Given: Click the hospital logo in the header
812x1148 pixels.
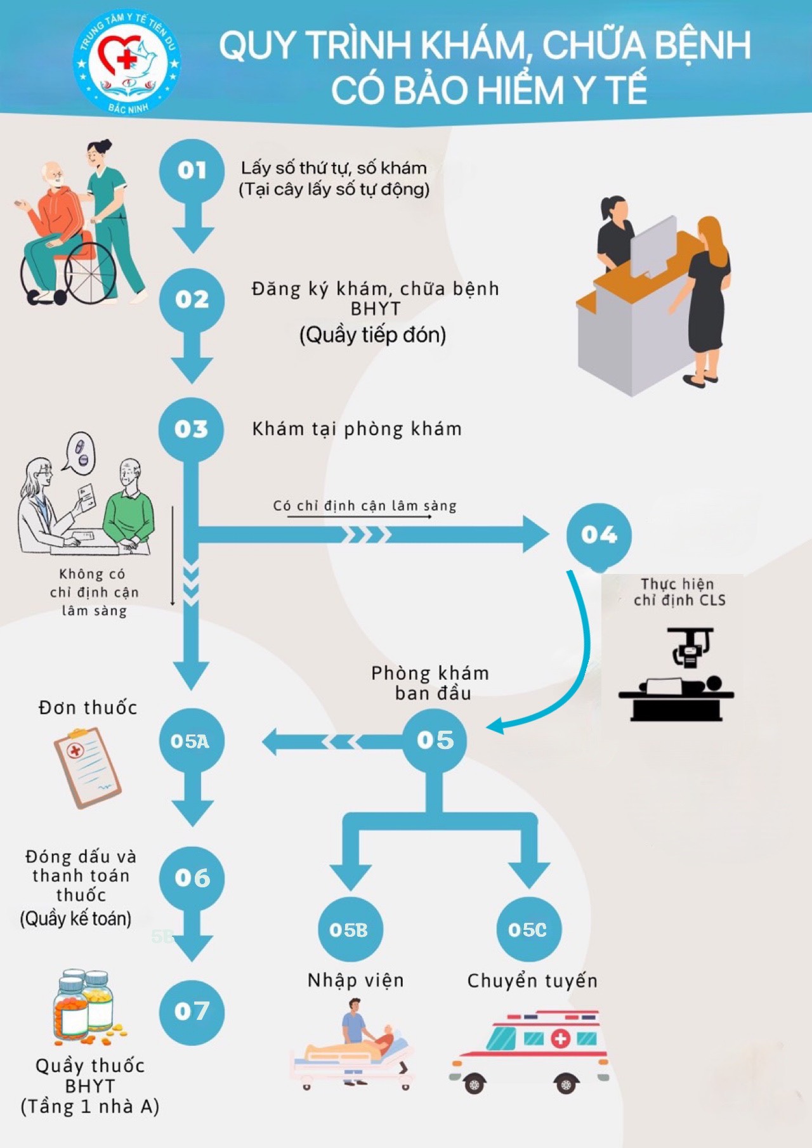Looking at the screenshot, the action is [127, 62].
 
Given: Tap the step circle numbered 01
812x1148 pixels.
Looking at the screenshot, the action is [192, 170].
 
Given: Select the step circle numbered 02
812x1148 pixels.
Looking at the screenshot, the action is [192, 299].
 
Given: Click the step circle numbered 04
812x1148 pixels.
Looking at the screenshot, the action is [599, 535].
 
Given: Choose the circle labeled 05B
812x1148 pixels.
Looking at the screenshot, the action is [348, 929].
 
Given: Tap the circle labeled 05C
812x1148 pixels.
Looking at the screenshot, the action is [528, 929].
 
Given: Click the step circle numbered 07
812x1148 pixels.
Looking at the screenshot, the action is [192, 1011].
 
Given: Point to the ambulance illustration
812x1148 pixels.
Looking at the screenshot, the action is [530, 1052].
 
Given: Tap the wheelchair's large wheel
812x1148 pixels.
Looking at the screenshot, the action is [91, 273].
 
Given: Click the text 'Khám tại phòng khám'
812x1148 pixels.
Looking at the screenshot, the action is [357, 429].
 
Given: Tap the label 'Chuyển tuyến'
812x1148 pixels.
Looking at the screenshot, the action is [532, 981].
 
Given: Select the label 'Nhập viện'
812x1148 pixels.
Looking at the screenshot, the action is [356, 981].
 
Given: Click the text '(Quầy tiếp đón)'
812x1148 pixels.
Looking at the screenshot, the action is [373, 335].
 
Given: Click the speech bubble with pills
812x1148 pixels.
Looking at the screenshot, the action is [79, 452].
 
